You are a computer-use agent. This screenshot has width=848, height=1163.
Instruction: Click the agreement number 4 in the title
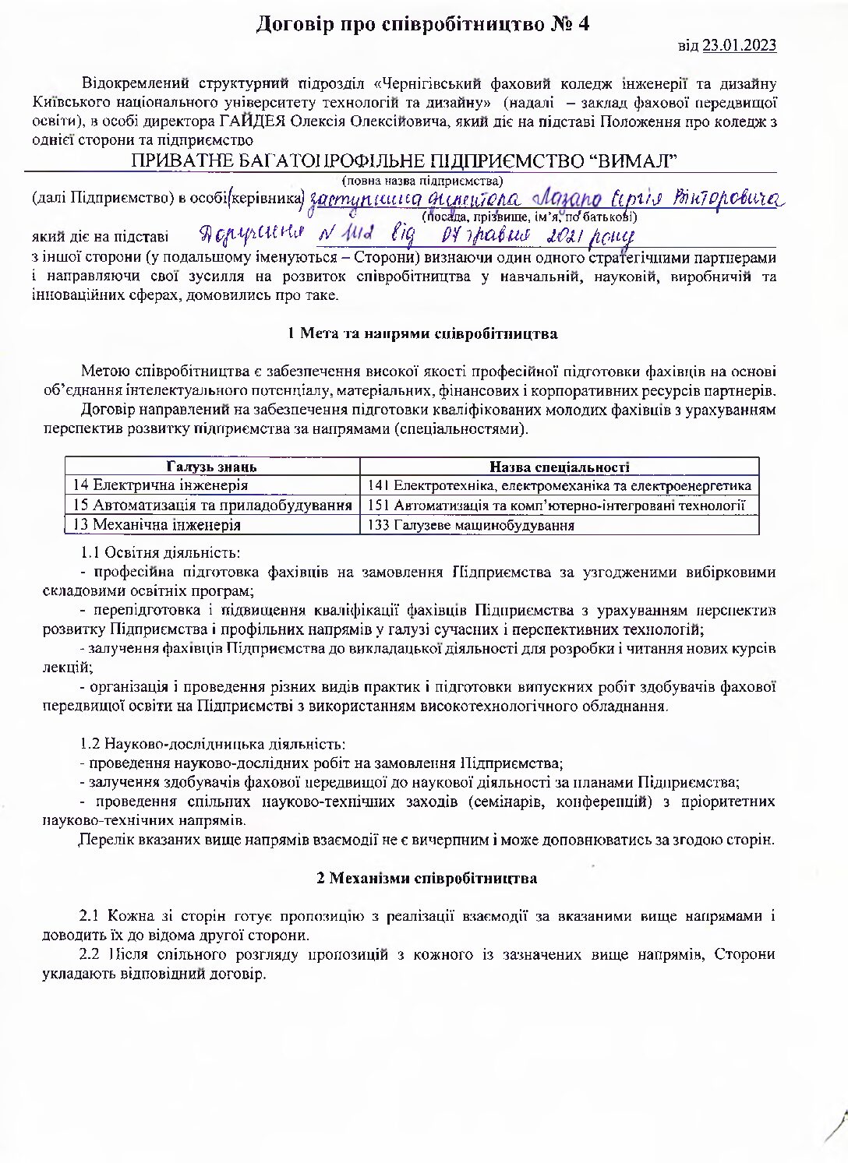click(583, 24)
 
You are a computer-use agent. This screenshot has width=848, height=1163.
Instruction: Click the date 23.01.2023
click(739, 45)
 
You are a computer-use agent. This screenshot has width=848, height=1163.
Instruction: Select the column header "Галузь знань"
click(212, 467)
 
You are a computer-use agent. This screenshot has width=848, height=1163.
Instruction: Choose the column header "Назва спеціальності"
click(559, 467)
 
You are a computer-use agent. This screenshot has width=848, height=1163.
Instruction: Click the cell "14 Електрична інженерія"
click(161, 485)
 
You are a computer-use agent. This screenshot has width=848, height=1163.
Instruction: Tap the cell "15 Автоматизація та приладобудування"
click(212, 505)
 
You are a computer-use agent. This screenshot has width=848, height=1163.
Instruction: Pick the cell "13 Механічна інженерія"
click(157, 524)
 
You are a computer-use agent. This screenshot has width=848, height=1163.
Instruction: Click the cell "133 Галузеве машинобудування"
click(471, 525)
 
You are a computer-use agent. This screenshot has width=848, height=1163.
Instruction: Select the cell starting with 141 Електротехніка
click(559, 485)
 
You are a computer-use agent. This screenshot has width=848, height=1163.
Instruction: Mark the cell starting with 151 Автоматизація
click(556, 505)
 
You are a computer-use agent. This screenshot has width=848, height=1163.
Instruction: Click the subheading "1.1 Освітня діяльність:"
click(161, 553)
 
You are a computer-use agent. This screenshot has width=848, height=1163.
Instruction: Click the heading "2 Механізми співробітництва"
click(426, 878)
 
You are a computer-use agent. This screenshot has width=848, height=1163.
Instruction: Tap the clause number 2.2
click(90, 954)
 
